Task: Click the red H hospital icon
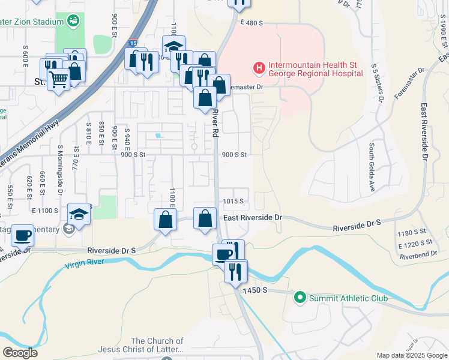tap(259, 68)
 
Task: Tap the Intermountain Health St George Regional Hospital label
tap(315, 69)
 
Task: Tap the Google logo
tap(20, 353)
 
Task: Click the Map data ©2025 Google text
tap(411, 355)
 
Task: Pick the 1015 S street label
tap(234, 202)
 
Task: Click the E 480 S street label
tap(252, 23)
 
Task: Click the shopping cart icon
tap(58, 78)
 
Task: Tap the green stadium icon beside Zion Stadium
tap(73, 22)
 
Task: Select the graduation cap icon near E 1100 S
tap(78, 214)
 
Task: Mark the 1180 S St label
tap(412, 232)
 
